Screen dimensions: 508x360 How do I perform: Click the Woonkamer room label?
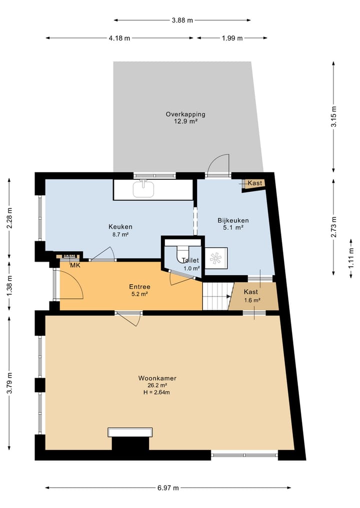tap(157, 379)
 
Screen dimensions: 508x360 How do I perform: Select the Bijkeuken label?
tap(233, 220)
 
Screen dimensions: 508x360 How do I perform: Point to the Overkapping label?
tap(185, 114)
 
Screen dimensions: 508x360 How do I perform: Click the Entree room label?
tap(139, 287)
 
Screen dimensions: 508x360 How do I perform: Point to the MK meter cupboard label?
tap(75, 265)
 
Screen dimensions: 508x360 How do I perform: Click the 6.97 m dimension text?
tap(167, 488)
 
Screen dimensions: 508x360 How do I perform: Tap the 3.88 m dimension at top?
tap(182, 20)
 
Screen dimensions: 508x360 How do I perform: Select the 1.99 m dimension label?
tap(232, 38)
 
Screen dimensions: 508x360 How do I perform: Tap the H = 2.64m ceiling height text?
tap(157, 393)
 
